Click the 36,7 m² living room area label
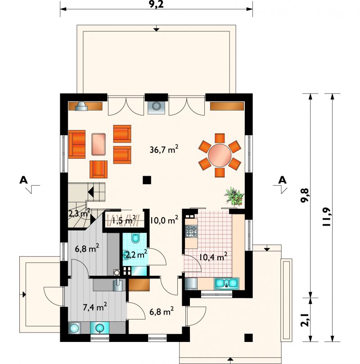coord(164,149)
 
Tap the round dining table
coord(220,155)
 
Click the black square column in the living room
coord(147,180)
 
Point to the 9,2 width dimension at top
coord(156,4)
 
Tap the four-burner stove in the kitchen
coord(191,231)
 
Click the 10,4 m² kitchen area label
coord(213,257)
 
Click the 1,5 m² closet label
coord(124,220)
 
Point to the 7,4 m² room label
coord(95,307)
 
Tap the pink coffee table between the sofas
coord(99,144)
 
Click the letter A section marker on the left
coord(23,180)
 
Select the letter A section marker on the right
coord(283,180)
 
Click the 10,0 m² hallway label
coord(164,220)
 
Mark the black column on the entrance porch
coord(248,338)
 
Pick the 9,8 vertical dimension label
coord(305,195)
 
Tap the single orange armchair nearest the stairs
coord(99,169)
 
